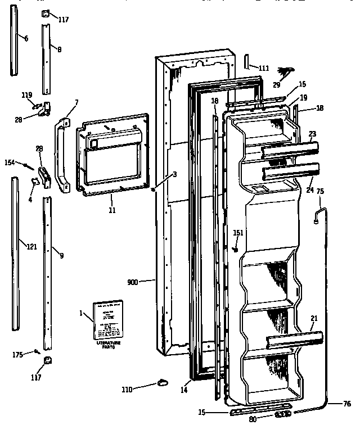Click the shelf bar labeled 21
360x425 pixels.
295,339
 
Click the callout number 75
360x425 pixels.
320,192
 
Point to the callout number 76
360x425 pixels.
348,403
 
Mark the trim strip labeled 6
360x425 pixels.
12,43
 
